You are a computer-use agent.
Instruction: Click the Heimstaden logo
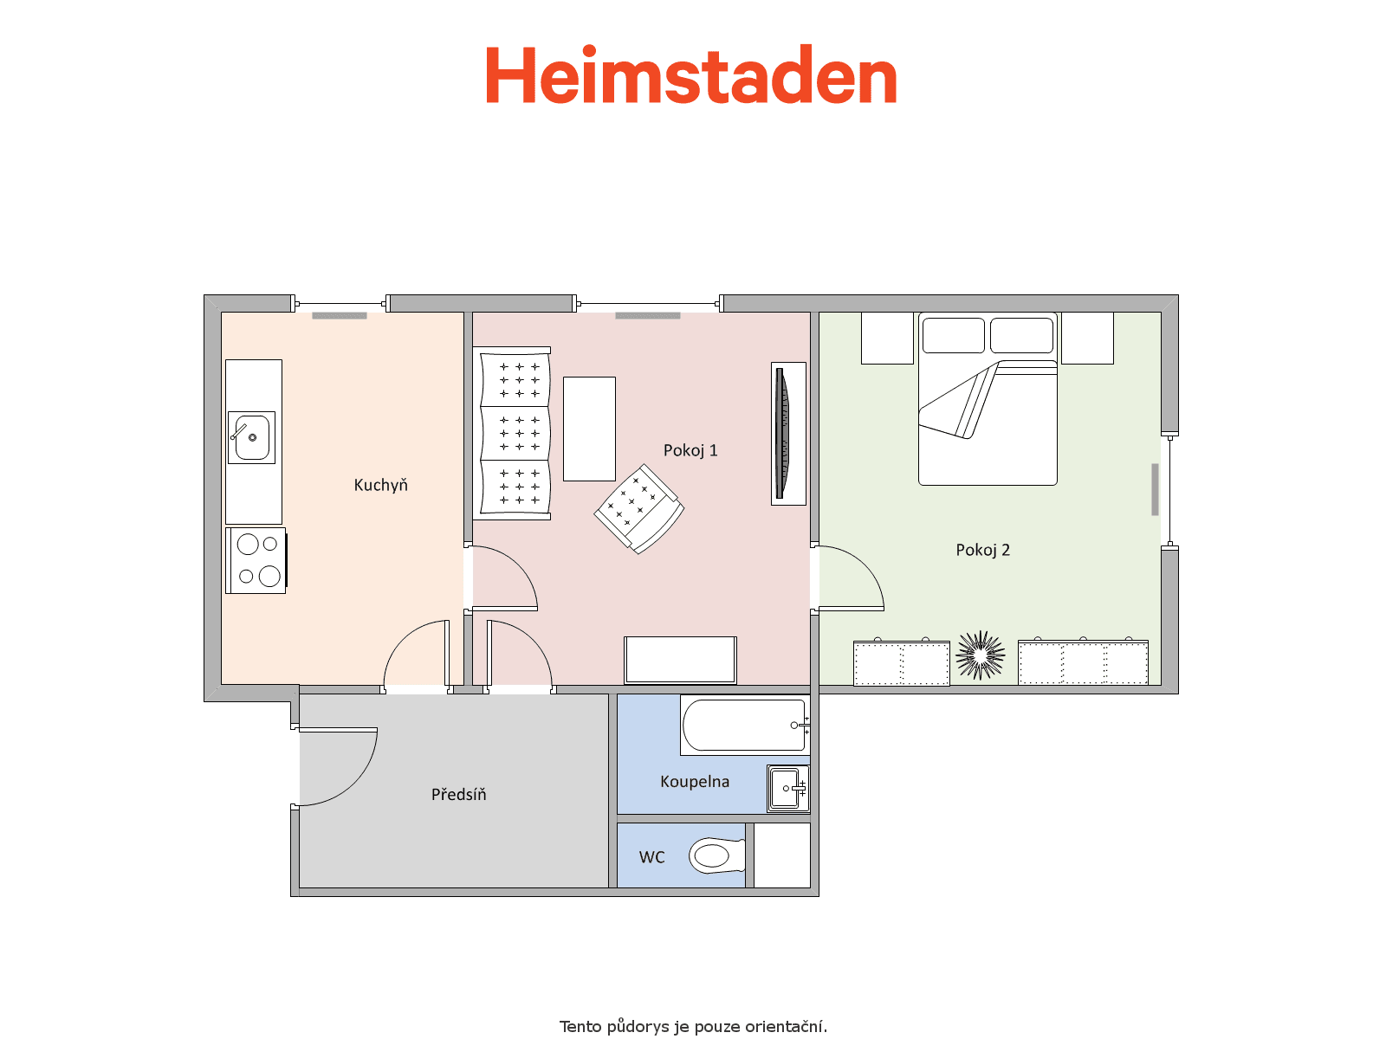click(x=690, y=74)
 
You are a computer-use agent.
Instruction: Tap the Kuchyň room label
click(x=380, y=485)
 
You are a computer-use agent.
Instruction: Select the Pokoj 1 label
click(x=690, y=450)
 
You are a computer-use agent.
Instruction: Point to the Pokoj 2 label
click(x=982, y=550)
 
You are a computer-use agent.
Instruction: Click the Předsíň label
click(x=458, y=794)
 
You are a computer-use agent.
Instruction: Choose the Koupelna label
click(x=695, y=782)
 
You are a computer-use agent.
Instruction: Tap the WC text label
click(x=651, y=857)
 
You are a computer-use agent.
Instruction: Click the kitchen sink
click(x=251, y=437)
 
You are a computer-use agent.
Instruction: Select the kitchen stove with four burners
click(x=256, y=560)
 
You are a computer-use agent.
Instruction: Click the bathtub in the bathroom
click(x=745, y=726)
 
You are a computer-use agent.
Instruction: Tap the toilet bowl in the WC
click(x=716, y=855)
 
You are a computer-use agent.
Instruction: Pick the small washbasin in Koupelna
click(x=788, y=789)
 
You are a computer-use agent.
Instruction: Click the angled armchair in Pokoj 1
click(x=639, y=509)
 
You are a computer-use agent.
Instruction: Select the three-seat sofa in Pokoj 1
click(x=513, y=434)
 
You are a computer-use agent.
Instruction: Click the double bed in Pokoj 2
click(x=988, y=398)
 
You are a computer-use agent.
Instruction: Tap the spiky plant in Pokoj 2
click(x=980, y=655)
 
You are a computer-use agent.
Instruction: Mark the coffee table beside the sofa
click(x=589, y=429)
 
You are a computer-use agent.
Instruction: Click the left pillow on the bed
click(x=954, y=335)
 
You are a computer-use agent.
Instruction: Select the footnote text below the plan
click(x=693, y=1027)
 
